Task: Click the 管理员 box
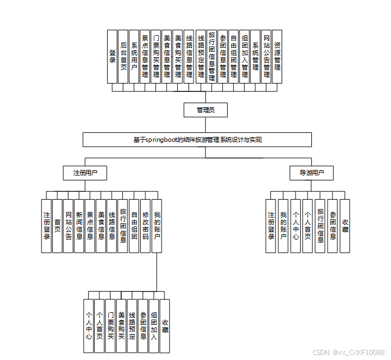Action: pos(206,110)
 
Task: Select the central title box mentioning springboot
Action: pos(197,140)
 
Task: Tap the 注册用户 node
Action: pos(85,173)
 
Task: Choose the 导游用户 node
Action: pos(311,173)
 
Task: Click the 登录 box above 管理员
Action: pos(112,56)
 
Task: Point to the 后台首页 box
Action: pos(123,56)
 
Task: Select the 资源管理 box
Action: pos(277,56)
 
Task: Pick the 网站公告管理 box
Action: pos(266,56)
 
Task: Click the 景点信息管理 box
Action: pos(145,56)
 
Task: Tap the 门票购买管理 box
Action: pos(156,56)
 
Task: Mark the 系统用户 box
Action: pos(134,56)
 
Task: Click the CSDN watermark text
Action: pos(348,352)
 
